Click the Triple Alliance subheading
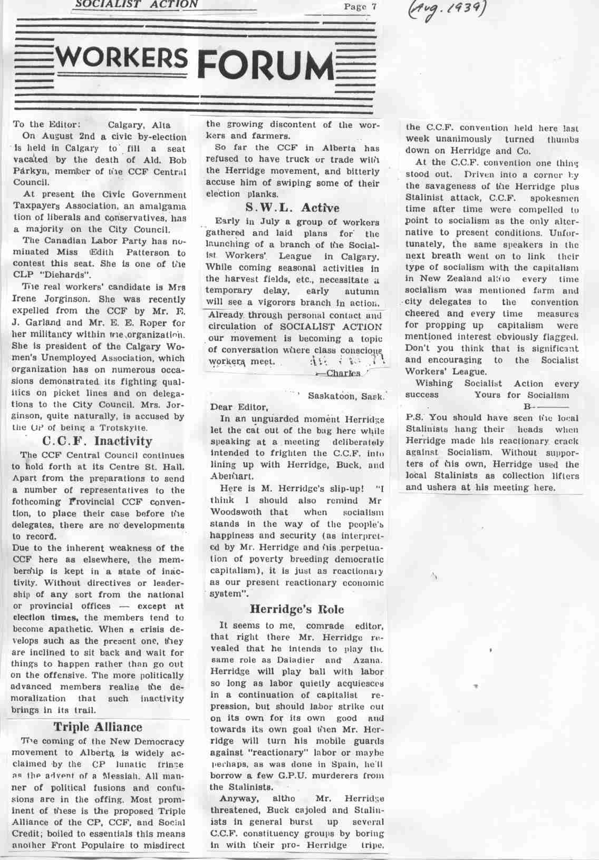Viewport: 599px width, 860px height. (98, 727)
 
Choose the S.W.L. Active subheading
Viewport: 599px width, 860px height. (292, 208)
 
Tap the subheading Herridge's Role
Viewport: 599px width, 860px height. (296, 610)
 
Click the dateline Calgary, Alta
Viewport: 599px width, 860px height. (139, 125)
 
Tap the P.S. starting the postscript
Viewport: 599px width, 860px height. (412, 418)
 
